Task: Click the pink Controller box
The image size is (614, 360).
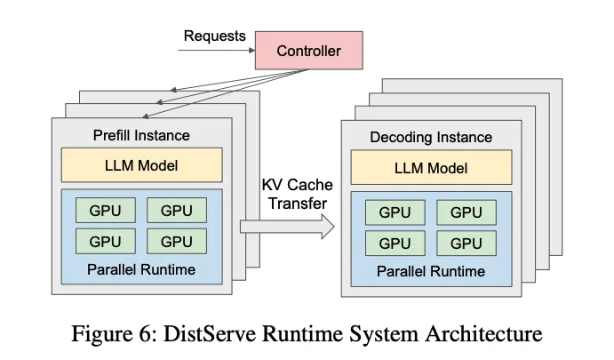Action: point(309,51)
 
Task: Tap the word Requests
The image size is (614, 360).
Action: point(214,36)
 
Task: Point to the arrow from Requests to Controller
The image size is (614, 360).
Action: point(217,50)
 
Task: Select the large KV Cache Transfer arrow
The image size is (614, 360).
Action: point(287,227)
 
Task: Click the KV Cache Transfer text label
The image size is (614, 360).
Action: point(298,195)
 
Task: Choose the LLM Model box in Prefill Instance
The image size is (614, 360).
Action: point(142,165)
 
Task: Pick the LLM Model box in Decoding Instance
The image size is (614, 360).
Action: point(431,167)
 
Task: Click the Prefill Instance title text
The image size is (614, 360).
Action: point(141,135)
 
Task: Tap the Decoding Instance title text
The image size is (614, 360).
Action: point(431,138)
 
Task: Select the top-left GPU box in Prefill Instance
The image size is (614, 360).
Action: point(106,211)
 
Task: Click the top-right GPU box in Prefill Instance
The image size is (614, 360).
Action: point(177,211)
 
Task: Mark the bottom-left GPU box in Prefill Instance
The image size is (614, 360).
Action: point(106,241)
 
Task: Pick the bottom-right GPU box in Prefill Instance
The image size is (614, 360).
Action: point(177,241)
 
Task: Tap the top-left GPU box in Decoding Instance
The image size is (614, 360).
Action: point(395,212)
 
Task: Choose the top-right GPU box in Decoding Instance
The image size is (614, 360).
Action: point(466,212)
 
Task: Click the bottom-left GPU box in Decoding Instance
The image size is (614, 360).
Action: point(395,244)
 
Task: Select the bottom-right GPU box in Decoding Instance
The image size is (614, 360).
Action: point(466,244)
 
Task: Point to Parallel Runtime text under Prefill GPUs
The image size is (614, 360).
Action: point(141,269)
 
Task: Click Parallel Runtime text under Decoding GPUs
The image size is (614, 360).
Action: point(431,271)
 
